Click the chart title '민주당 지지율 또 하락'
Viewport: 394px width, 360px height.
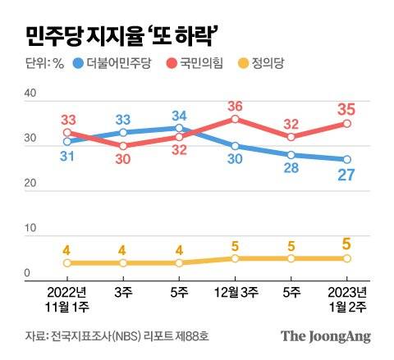(x=121, y=35)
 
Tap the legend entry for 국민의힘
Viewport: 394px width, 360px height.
(x=202, y=63)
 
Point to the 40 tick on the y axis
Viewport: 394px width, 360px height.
(x=30, y=95)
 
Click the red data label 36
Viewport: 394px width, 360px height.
(x=236, y=106)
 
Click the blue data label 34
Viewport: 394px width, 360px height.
(x=180, y=115)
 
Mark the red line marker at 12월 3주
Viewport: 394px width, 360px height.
(x=236, y=119)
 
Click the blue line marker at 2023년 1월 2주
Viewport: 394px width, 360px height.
(x=347, y=159)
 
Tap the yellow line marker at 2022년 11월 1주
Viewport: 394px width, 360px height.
(x=67, y=263)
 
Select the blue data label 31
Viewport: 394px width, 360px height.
(x=67, y=156)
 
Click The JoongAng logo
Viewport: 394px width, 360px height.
(x=325, y=336)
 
